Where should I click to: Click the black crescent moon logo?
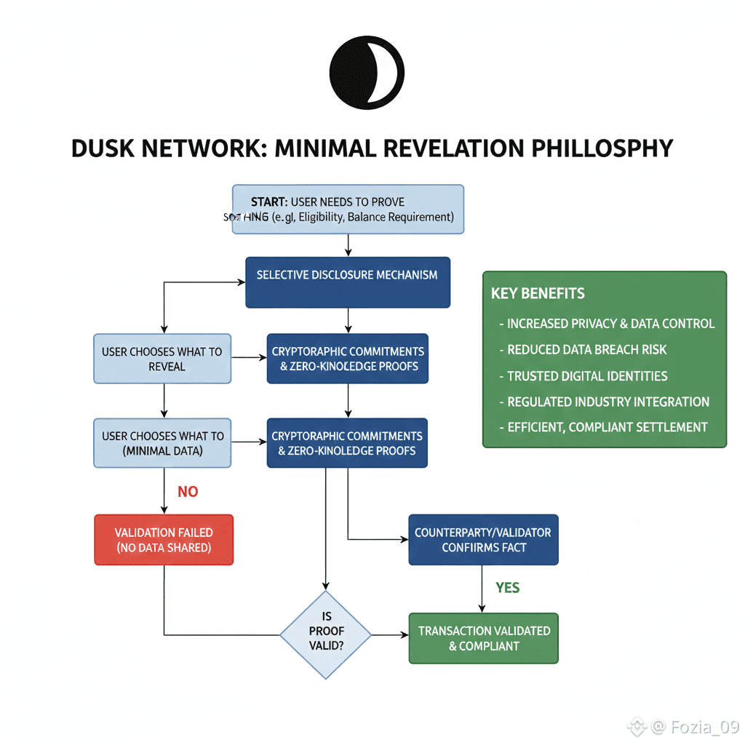367,73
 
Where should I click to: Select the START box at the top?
348,209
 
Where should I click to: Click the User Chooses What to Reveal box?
162,359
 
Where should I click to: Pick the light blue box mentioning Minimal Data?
162,442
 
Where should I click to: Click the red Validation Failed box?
164,540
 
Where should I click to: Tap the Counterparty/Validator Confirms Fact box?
483,539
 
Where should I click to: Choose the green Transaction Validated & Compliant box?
483,638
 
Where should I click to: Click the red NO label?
188,492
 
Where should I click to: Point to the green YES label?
507,587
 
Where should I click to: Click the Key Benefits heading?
538,294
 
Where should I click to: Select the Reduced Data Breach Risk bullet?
586,350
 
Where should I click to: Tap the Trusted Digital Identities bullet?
587,376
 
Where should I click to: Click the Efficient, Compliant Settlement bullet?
607,427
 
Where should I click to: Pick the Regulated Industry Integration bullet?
607,402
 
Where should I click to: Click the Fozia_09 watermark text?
703,726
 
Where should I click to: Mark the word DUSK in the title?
105,148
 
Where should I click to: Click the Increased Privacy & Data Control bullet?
610,324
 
